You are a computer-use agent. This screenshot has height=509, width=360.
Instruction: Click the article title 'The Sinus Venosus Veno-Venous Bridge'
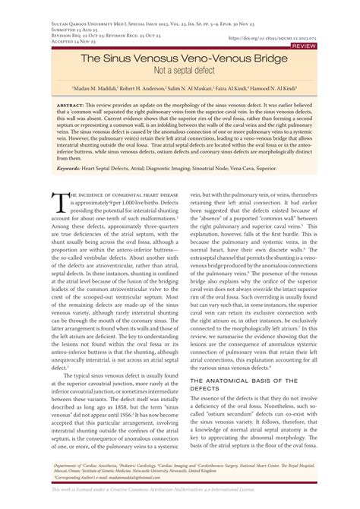[x=180, y=58]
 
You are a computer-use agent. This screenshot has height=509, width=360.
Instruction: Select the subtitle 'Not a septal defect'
[x=180, y=71]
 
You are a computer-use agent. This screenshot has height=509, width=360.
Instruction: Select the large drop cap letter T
[x=58, y=201]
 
